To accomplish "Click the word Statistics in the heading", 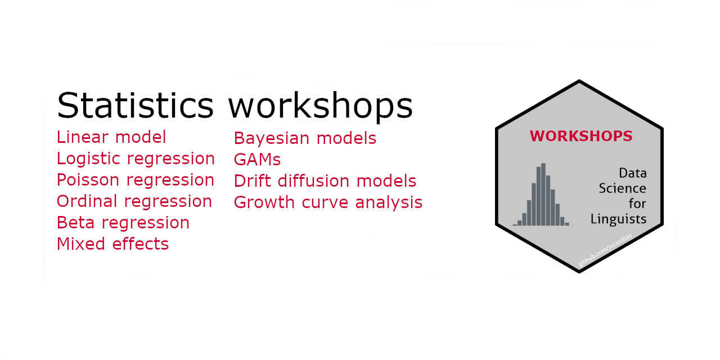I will click(135, 106).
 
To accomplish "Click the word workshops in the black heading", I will click(320, 106).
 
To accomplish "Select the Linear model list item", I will click(111, 137).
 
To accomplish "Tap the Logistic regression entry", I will click(136, 159).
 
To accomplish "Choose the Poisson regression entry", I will click(136, 180).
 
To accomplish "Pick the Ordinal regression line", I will click(134, 201).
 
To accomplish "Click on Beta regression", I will click(123, 223).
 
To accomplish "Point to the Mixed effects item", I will click(112, 244).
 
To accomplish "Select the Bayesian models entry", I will click(305, 138).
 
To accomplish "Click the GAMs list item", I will click(257, 160).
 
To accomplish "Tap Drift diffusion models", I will click(325, 181).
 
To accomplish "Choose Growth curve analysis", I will click(328, 202).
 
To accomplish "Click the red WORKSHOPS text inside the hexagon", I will click(581, 136).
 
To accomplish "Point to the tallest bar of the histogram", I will click(543, 195).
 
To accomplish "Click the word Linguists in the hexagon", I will click(618, 219).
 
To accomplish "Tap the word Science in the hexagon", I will click(622, 188).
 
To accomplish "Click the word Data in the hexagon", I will click(632, 173).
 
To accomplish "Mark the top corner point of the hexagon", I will click(579, 82).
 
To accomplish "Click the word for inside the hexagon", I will click(637, 204).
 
